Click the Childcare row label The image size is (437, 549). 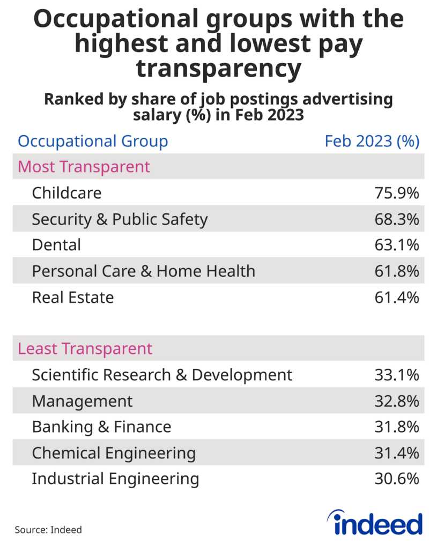click(66, 193)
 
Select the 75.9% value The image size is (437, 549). click(396, 193)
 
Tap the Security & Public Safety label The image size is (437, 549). click(120, 219)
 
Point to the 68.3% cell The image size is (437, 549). click(396, 219)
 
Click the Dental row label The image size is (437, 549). click(56, 245)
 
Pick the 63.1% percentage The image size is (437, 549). click(396, 245)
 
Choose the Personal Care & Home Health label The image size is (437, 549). click(144, 271)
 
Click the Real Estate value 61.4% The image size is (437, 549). click(396, 297)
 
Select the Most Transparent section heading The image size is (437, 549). click(84, 167)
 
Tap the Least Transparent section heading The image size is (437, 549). click(85, 349)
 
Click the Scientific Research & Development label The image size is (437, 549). click(162, 375)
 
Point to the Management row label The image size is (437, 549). click(82, 401)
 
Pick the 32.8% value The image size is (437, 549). click(396, 401)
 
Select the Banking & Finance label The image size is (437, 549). click(101, 427)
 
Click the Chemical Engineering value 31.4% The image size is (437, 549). click(396, 453)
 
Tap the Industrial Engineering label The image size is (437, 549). click(115, 479)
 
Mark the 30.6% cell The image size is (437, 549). click(396, 479)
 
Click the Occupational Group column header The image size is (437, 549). click(93, 142)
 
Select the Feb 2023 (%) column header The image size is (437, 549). click(372, 142)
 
